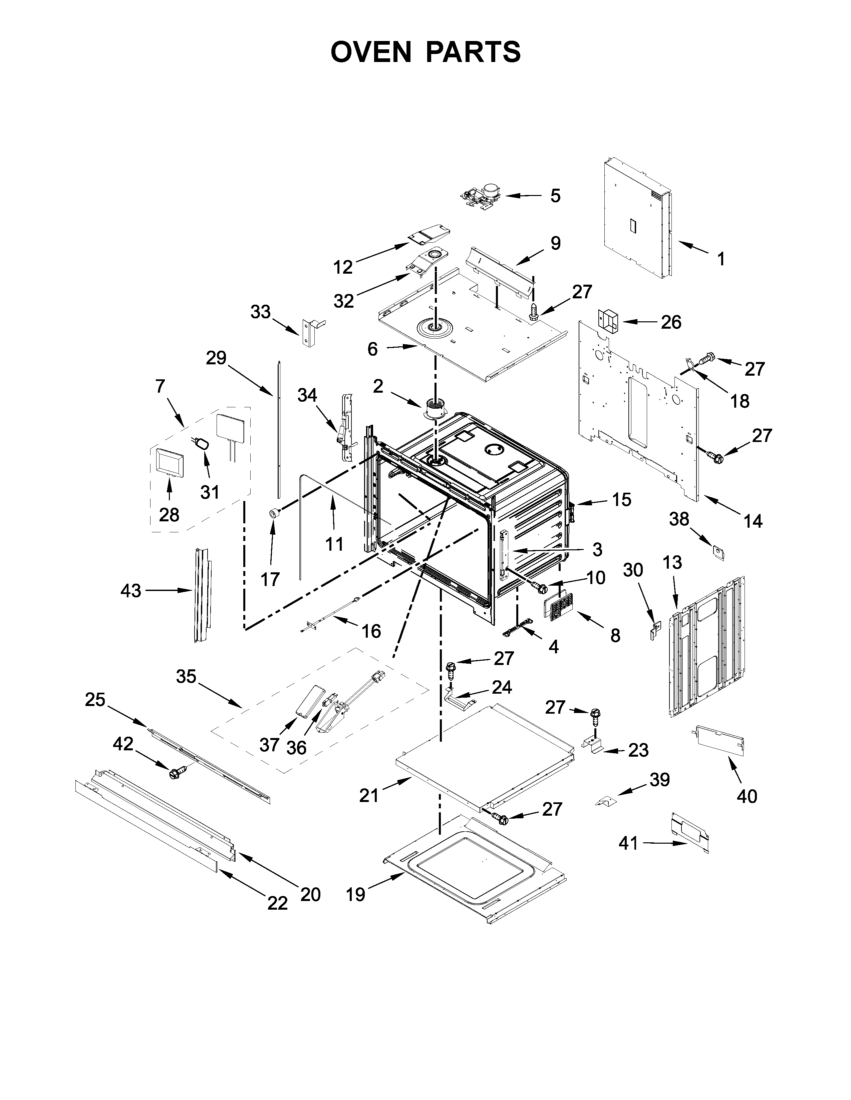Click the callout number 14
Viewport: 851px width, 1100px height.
pos(753,521)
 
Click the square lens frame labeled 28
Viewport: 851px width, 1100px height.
pos(168,462)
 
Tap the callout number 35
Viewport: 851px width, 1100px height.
pos(186,676)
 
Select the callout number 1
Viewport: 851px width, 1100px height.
pos(721,259)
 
